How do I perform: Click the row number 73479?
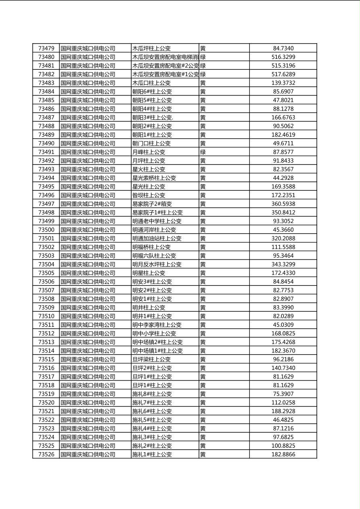(46, 48)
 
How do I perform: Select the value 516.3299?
(283, 57)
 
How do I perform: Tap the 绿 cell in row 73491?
(203, 152)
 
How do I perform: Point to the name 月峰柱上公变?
(149, 152)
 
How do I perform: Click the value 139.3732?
(283, 83)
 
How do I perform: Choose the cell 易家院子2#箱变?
(152, 204)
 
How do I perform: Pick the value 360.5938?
(283, 204)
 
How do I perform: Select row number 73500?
(46, 229)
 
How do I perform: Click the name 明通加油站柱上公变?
(157, 238)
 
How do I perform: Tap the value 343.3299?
(283, 264)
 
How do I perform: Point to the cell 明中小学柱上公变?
(154, 333)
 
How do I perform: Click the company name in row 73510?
(88, 316)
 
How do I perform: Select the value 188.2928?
(283, 411)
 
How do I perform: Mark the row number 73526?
(46, 454)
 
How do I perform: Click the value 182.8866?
(283, 454)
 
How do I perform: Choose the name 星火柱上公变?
(149, 169)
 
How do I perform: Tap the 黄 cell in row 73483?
(203, 83)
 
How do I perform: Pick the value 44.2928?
(283, 178)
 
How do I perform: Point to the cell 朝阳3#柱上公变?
(153, 117)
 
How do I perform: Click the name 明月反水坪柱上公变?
(157, 264)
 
